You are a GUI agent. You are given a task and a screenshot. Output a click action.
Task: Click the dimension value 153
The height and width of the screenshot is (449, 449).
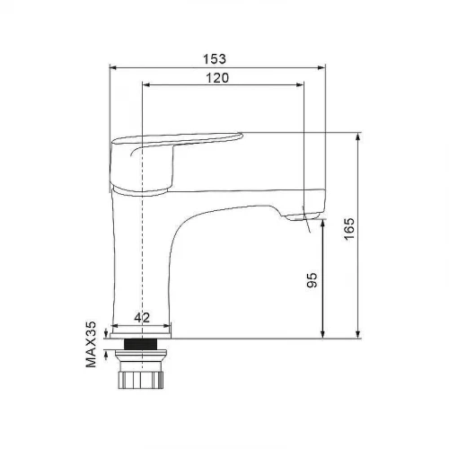(215, 58)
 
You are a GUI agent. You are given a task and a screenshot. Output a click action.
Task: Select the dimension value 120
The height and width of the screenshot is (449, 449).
(217, 78)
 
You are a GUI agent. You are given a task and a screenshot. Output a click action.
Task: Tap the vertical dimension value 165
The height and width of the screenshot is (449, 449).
(349, 228)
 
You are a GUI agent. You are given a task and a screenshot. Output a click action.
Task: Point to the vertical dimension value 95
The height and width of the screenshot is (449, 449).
(312, 280)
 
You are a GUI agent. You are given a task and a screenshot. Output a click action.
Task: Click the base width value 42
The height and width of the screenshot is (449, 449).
(142, 318)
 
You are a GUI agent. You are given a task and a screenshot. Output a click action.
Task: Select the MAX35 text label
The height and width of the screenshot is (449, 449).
(91, 344)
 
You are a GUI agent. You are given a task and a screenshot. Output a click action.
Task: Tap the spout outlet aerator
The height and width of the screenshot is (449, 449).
(303, 216)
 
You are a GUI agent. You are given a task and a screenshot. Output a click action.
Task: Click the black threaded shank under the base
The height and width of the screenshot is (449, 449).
(141, 344)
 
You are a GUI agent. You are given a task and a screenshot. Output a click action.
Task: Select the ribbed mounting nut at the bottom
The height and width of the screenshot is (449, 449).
(141, 380)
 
